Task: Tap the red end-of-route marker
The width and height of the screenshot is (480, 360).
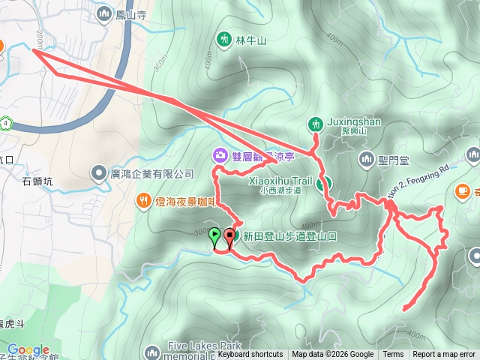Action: pyautogui.click(x=229, y=236)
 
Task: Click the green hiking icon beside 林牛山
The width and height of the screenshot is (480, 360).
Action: pyautogui.click(x=223, y=38)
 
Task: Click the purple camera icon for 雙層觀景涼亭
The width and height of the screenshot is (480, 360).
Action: pyautogui.click(x=220, y=155)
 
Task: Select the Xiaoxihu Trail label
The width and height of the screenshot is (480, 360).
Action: pyautogui.click(x=280, y=181)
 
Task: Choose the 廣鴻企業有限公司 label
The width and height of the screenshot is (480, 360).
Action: pyautogui.click(x=152, y=174)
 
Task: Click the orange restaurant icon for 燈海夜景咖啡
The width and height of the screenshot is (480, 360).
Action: pyautogui.click(x=143, y=200)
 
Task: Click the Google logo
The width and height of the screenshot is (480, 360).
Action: pyautogui.click(x=28, y=350)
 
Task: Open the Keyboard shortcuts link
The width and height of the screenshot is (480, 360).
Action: pyautogui.click(x=250, y=355)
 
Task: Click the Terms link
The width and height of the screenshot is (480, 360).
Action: pyautogui.click(x=393, y=355)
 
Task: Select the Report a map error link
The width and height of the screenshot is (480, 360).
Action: pyautogui.click(x=444, y=355)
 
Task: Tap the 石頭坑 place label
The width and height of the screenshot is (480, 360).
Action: pyautogui.click(x=37, y=180)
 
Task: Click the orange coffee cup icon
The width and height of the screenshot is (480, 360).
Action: pyautogui.click(x=462, y=190)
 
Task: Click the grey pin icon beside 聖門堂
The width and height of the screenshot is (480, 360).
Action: pyautogui.click(x=367, y=158)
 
